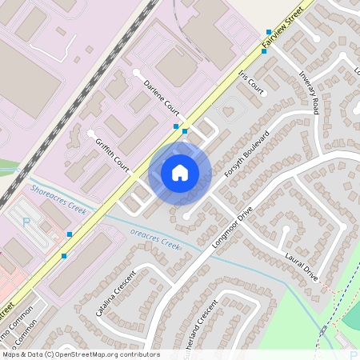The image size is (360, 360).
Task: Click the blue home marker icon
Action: tap(180, 172)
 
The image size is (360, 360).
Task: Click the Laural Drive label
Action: tap(302, 267)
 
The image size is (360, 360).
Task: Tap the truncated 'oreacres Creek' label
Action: tap(155, 239)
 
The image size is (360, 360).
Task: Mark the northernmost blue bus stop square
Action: tap(269, 33)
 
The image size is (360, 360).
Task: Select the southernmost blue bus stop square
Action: tap(64, 256)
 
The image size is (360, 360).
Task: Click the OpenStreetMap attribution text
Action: tap(80, 354)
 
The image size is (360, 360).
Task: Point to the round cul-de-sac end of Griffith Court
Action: tap(91, 132)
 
